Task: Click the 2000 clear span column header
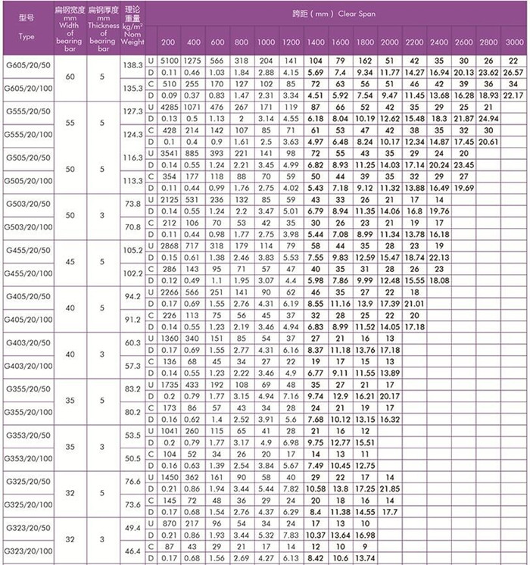390,41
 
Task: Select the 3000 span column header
514,41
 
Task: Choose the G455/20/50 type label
27,251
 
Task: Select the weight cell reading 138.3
132,66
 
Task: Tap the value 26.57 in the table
514,71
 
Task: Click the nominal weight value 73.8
132,204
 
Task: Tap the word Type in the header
26,36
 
